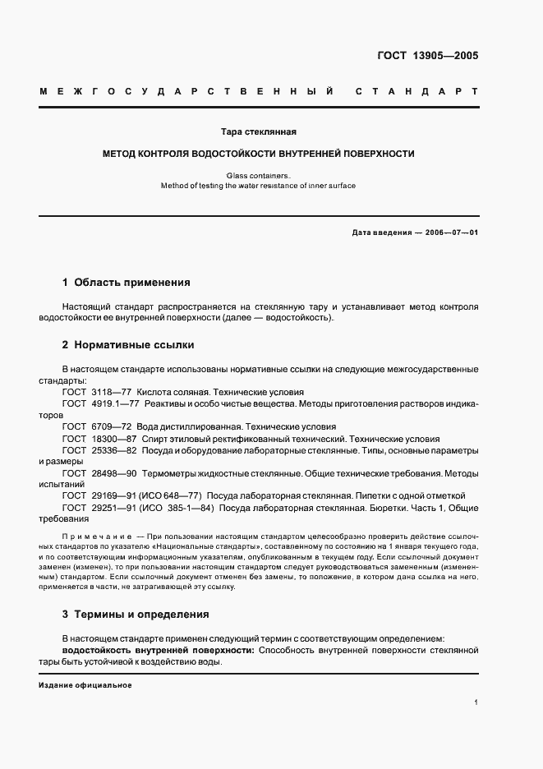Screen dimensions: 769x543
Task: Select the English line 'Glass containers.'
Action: coord(258,174)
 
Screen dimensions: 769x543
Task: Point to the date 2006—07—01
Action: coord(451,233)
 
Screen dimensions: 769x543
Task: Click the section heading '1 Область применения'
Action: coord(126,283)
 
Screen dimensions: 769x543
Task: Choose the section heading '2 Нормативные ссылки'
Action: coord(128,345)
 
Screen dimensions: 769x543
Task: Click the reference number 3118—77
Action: coord(113,393)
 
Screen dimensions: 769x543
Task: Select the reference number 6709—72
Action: coord(113,427)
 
